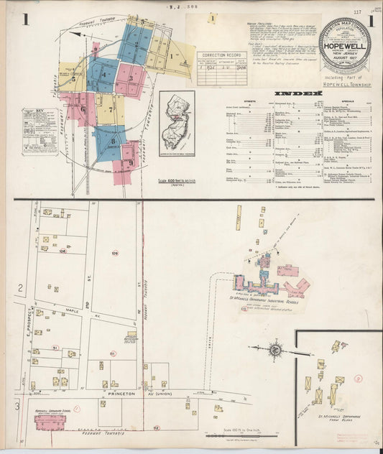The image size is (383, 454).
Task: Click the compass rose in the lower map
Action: (x=275, y=350)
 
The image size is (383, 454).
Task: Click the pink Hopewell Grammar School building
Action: (x=50, y=423)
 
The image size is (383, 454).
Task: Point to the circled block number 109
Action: (x=115, y=254)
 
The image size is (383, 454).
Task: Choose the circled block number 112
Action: (x=156, y=427)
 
